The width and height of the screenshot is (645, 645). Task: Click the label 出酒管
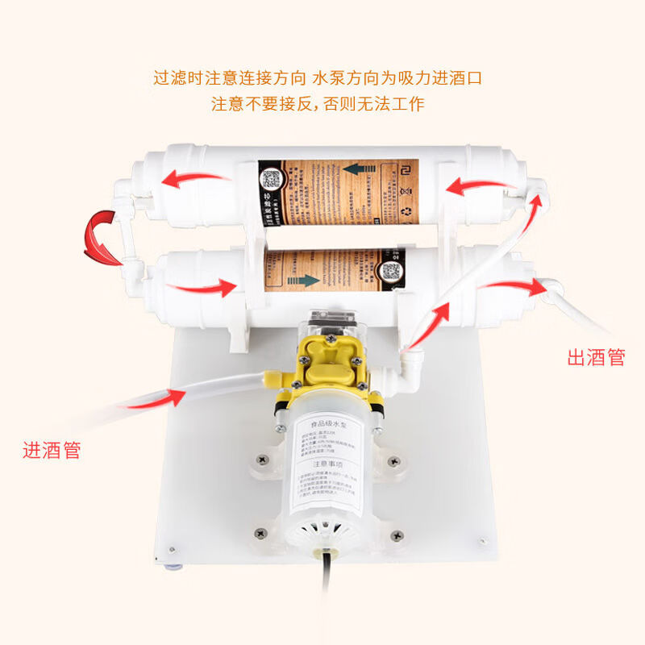coord(596,358)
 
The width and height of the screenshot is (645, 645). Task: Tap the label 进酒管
coord(52,450)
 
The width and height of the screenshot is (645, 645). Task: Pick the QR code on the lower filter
coord(392,270)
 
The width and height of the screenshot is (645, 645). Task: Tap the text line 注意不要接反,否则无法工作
coord(318,104)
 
